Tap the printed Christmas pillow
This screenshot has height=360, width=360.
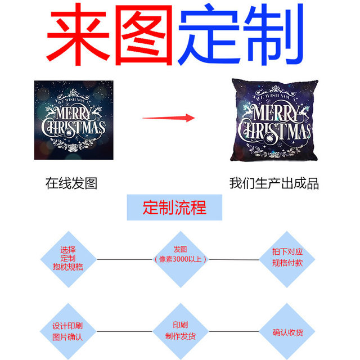tap(273, 120)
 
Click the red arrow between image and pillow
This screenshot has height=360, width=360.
tap(169, 118)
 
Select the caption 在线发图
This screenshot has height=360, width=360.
tap(71, 183)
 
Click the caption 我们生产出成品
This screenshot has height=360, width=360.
tap(274, 183)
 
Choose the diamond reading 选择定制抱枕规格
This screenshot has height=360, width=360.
tap(71, 258)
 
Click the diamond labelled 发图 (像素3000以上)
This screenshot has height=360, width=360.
tap(180, 258)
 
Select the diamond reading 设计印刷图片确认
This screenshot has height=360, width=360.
tap(67, 331)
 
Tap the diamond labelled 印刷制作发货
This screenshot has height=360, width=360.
tap(180, 331)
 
